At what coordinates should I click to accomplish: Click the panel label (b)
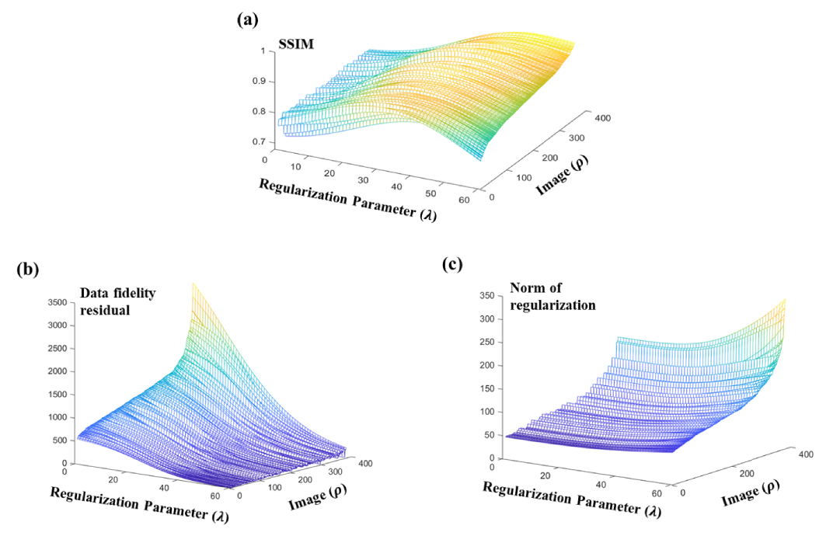point(29,270)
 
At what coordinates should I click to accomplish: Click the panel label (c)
point(452,264)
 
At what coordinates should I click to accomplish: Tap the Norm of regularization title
point(552,296)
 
